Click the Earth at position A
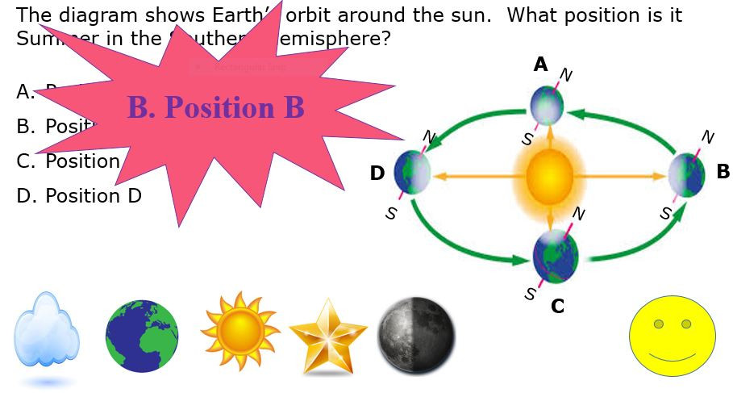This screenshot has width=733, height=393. [x=548, y=105]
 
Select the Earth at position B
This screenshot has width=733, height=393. [x=686, y=174]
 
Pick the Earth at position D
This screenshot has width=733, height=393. [x=412, y=172]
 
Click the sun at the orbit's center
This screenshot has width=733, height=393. [x=549, y=177]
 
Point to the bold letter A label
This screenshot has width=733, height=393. [x=540, y=65]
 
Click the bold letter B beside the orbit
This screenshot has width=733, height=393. [x=723, y=172]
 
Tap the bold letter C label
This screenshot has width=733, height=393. [x=557, y=307]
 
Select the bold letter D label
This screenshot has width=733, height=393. [x=377, y=174]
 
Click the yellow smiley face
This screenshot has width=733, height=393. [x=672, y=336]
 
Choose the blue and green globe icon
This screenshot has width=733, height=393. [x=142, y=337]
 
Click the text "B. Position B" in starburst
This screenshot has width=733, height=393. [x=215, y=107]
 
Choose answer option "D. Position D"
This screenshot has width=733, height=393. [x=79, y=196]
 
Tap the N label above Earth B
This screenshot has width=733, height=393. [x=707, y=138]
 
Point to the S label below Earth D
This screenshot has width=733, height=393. [x=391, y=214]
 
